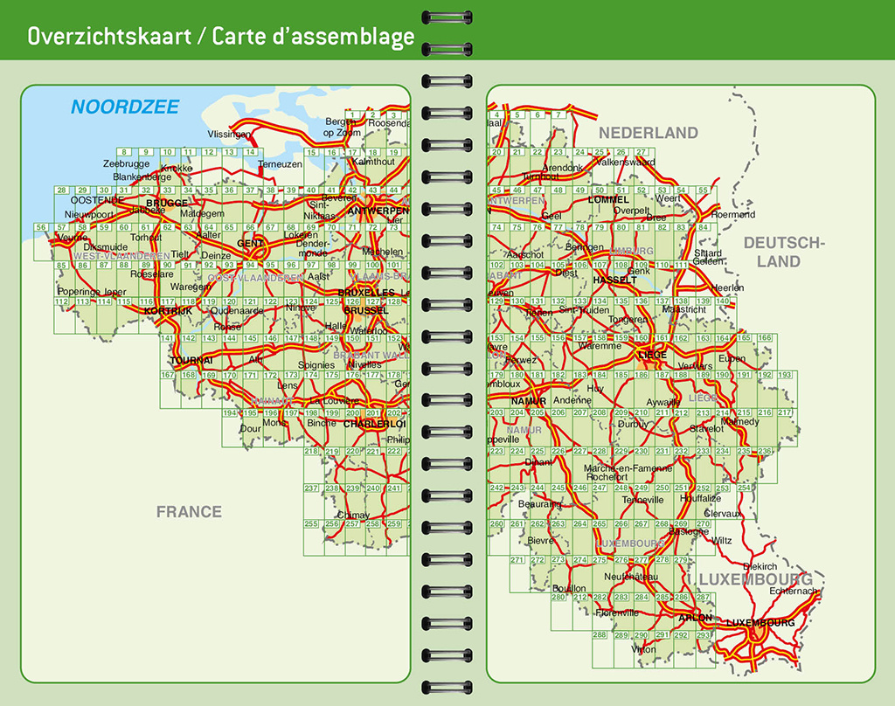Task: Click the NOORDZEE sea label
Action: pyautogui.click(x=125, y=107)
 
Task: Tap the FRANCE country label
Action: pyautogui.click(x=189, y=512)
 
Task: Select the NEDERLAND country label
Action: pyautogui.click(x=648, y=133)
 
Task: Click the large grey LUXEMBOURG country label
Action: pyautogui.click(x=755, y=579)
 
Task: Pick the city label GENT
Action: pyautogui.click(x=250, y=243)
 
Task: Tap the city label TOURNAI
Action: pyautogui.click(x=192, y=360)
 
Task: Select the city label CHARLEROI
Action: pyautogui.click(x=374, y=424)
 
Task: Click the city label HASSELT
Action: pyautogui.click(x=614, y=280)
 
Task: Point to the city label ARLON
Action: pyautogui.click(x=696, y=617)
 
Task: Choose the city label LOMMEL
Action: pyautogui.click(x=609, y=199)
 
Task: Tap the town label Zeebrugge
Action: pyautogui.click(x=126, y=163)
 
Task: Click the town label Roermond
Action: pyautogui.click(x=733, y=214)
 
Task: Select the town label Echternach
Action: pyautogui.click(x=794, y=592)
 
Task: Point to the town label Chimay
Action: pyautogui.click(x=353, y=515)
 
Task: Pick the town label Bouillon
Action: pyautogui.click(x=569, y=588)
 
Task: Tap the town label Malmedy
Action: pyautogui.click(x=740, y=421)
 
